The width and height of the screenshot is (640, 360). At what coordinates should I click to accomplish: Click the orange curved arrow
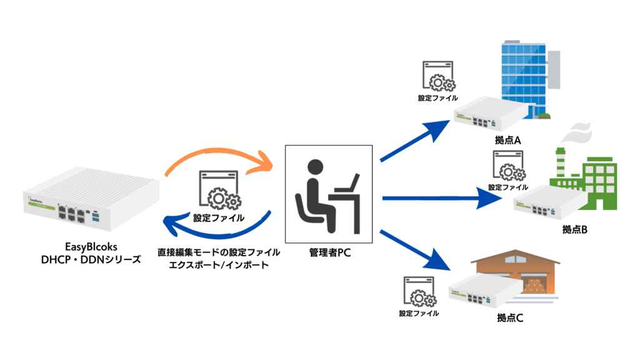click(x=219, y=156)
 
